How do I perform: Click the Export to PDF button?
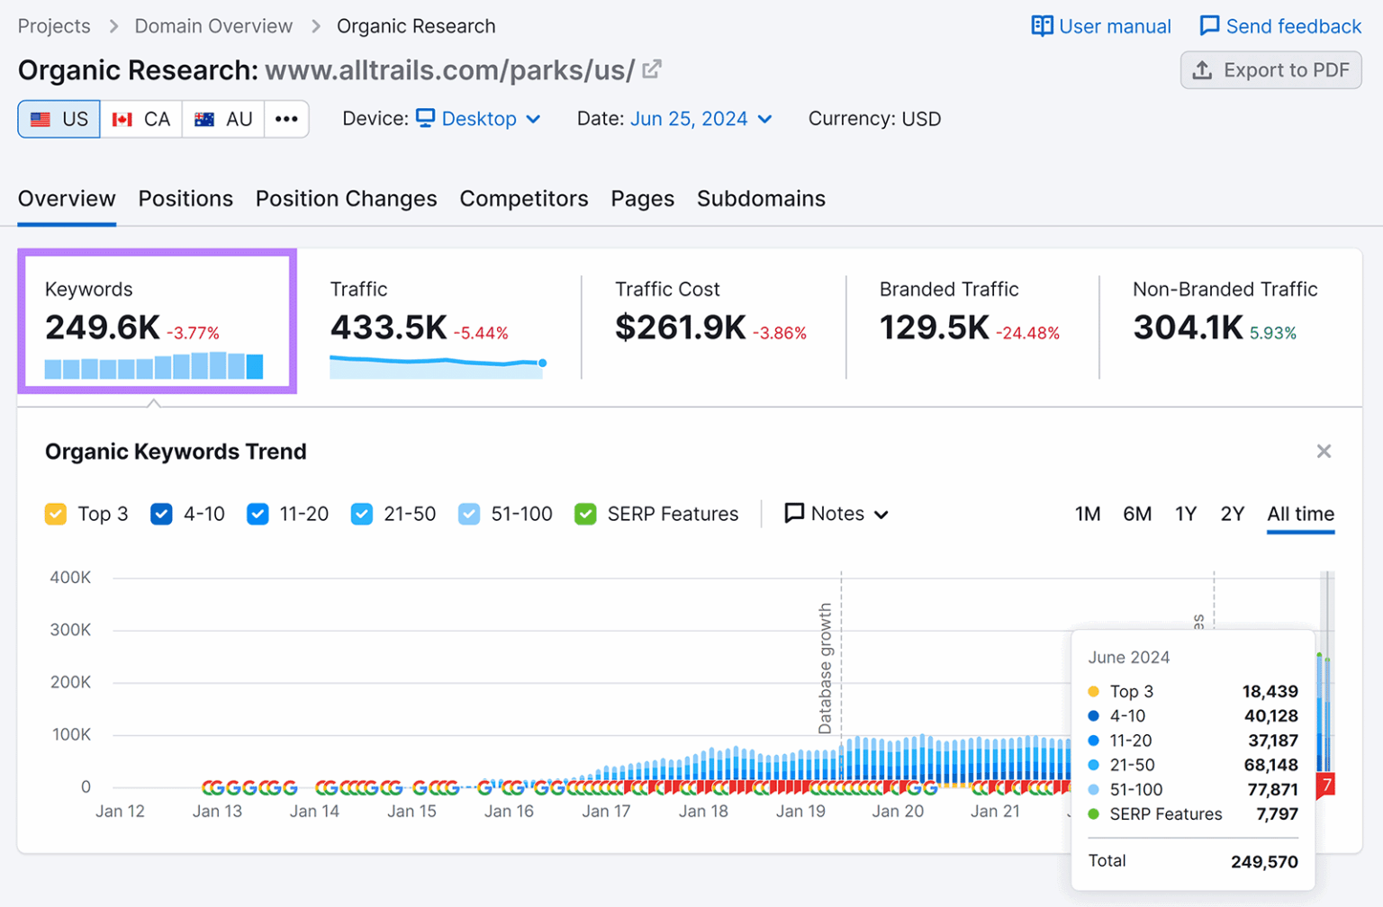pos(1270,70)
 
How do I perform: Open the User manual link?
pos(1101,26)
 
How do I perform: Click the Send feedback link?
pos(1279,26)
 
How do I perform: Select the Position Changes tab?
pos(346,199)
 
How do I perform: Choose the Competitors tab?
pos(523,199)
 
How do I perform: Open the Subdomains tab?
pos(761,199)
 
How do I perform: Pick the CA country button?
pos(141,119)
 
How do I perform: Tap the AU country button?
pos(223,119)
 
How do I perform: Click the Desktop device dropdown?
pos(478,119)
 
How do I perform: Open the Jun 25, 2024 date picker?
pos(701,119)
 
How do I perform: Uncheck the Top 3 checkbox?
pos(56,514)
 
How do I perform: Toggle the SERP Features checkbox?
pos(585,514)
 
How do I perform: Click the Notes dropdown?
pos(836,514)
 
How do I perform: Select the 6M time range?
pos(1137,514)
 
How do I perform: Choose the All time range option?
pos(1300,514)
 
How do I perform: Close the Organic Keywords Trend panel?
pos(1324,452)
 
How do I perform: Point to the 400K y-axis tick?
pos(70,578)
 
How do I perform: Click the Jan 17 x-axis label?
pos(606,812)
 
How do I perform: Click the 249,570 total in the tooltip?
pos(1264,862)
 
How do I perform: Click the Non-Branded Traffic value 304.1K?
pos(1188,328)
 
